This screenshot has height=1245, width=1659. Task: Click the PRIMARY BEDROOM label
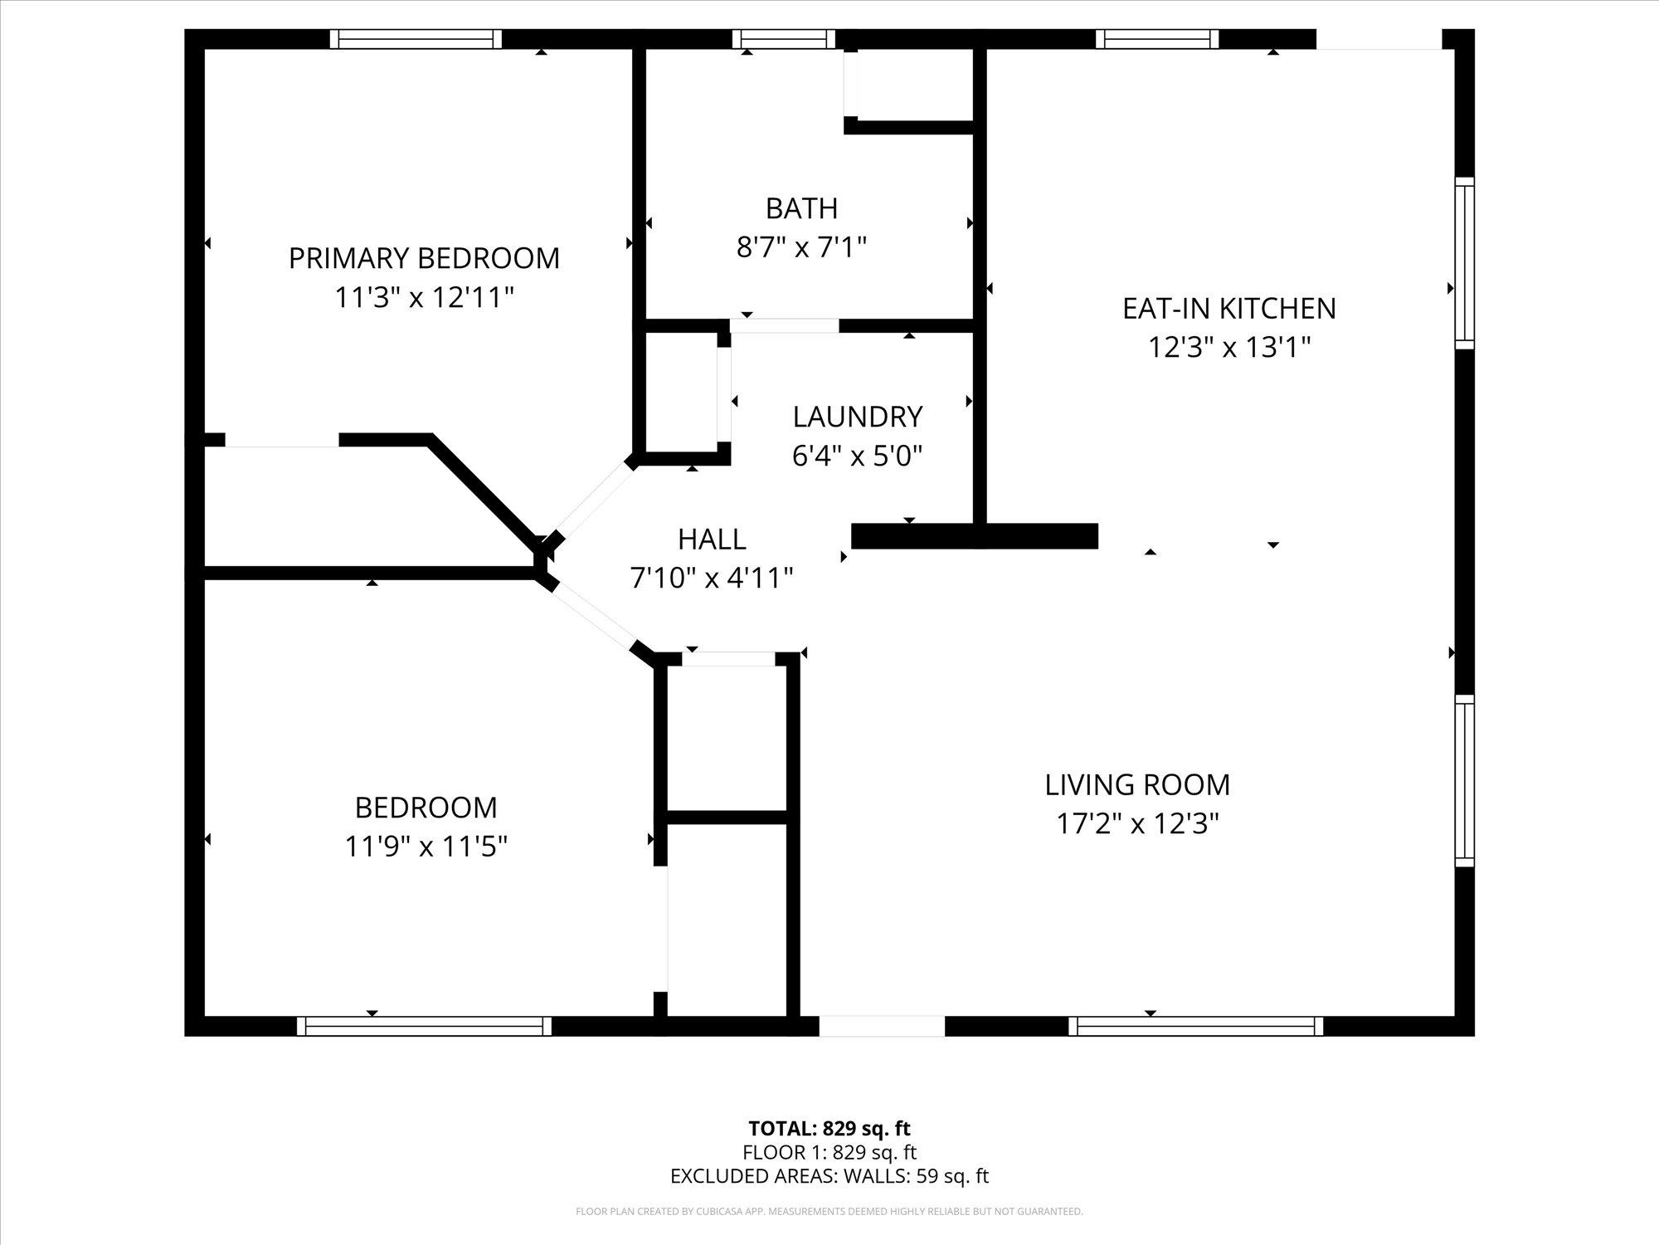[424, 258]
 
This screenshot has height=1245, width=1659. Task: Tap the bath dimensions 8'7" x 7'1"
[801, 247]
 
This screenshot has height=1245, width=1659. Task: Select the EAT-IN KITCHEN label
[1228, 309]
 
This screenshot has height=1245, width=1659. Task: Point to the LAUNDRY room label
[857, 417]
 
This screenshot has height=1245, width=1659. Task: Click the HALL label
[712, 539]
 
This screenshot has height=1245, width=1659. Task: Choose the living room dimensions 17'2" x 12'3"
[1136, 824]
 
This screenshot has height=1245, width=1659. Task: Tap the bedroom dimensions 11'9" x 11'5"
[426, 847]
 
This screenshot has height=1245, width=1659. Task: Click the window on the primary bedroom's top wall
[416, 39]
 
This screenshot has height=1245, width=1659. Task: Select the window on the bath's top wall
[784, 39]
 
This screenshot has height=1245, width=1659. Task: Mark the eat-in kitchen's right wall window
[1465, 263]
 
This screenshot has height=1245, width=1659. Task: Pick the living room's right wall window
[1465, 780]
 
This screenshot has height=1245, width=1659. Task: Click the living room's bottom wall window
[1195, 1027]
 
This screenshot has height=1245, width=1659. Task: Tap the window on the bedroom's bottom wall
[424, 1027]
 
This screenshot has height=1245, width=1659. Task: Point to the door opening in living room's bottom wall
[882, 1027]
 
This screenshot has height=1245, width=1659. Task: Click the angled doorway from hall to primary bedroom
[592, 500]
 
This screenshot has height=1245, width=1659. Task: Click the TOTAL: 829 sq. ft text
[829, 1129]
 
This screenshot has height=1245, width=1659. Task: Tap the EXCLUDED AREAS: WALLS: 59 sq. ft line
[829, 1176]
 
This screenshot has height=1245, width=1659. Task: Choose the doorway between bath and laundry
[785, 326]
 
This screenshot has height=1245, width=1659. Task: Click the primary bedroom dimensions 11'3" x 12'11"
[424, 297]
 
